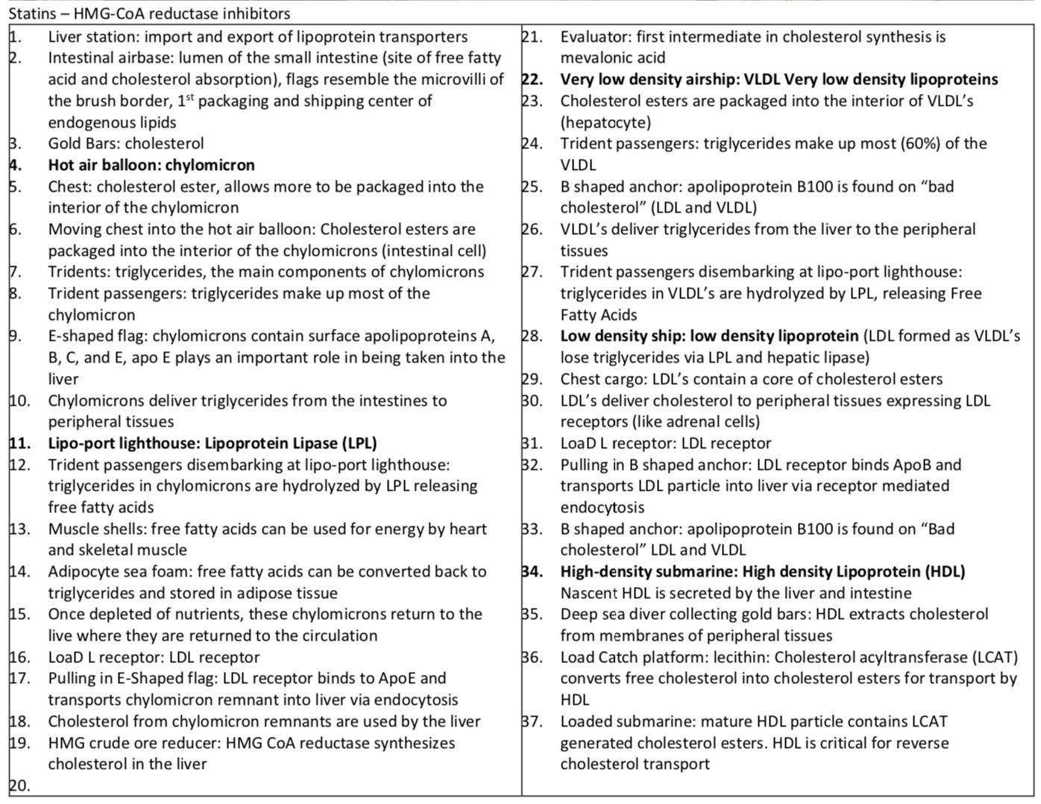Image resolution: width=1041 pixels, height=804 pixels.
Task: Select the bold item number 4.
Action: tap(16, 165)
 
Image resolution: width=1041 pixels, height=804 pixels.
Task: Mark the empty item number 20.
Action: tap(19, 785)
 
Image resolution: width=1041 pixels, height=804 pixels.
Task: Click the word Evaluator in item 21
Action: tap(594, 37)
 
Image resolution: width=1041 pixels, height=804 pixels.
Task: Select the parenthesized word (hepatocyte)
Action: tap(606, 122)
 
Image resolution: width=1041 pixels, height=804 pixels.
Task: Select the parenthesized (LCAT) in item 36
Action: tap(995, 657)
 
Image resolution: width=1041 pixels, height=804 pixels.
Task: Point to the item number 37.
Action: tap(532, 721)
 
